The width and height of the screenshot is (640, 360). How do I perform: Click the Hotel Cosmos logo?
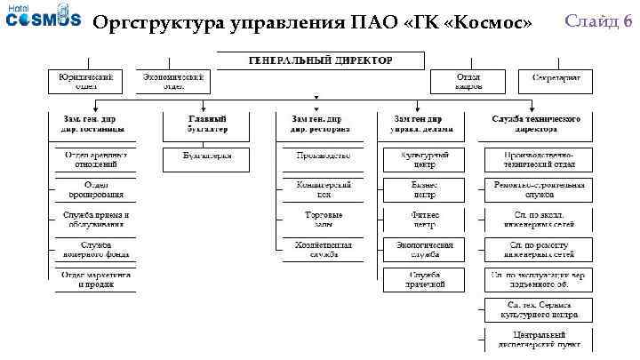(x=42, y=20)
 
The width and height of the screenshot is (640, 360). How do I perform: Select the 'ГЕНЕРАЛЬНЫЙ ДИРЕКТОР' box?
(x=322, y=60)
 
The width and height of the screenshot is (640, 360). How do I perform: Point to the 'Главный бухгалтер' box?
(x=206, y=124)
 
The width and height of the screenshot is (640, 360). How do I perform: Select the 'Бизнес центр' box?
(x=423, y=189)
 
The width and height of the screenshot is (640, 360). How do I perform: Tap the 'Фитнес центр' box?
(x=423, y=220)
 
